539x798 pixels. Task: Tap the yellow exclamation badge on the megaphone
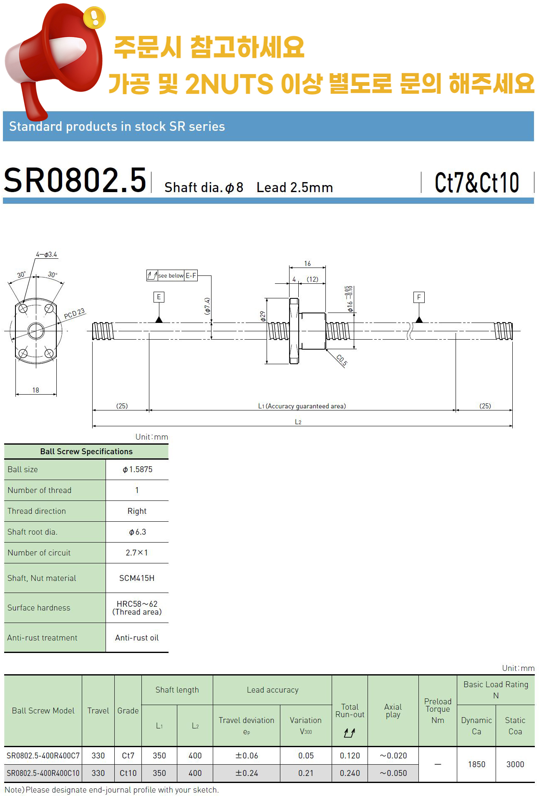point(94,18)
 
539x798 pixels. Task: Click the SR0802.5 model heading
point(75,180)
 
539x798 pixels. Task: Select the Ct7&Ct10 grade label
point(477,183)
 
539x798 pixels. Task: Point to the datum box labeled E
point(159,297)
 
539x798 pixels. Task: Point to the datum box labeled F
point(419,297)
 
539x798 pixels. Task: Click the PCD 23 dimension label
point(74,313)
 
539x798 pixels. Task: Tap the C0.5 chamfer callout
point(342,360)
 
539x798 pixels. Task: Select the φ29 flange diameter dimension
point(262,316)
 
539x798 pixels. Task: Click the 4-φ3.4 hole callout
point(46,254)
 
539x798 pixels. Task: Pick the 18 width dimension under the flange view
point(36,390)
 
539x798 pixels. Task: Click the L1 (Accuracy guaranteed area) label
point(302,406)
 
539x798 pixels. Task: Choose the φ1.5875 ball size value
point(137,469)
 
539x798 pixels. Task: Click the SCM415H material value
point(137,578)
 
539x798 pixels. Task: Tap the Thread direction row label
point(37,511)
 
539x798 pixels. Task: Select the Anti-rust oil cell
point(137,638)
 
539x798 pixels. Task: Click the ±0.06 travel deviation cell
point(247,755)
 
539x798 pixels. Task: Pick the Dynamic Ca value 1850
point(476,764)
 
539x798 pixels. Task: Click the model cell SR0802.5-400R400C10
point(43,773)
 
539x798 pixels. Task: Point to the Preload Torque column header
point(438,710)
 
